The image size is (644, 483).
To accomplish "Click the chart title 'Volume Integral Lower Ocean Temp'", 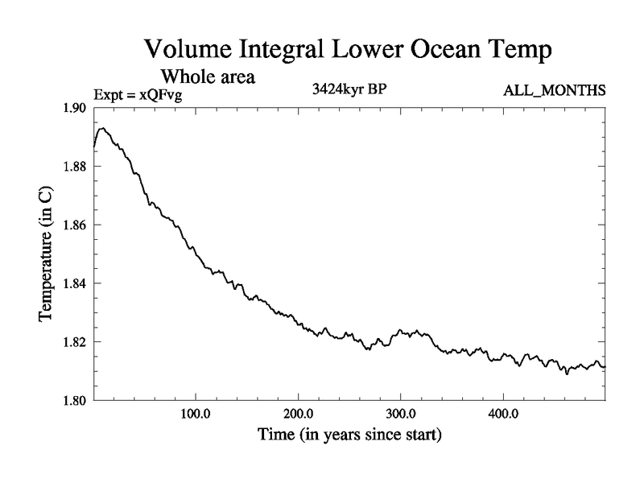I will pyautogui.click(x=348, y=50).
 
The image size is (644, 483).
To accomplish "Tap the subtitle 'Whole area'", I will pyautogui.click(x=208, y=77).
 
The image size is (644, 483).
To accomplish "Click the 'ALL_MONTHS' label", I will pyautogui.click(x=554, y=90).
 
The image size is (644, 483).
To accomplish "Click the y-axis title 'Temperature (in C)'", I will pyautogui.click(x=47, y=254).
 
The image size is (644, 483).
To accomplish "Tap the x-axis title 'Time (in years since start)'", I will pyautogui.click(x=349, y=437).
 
